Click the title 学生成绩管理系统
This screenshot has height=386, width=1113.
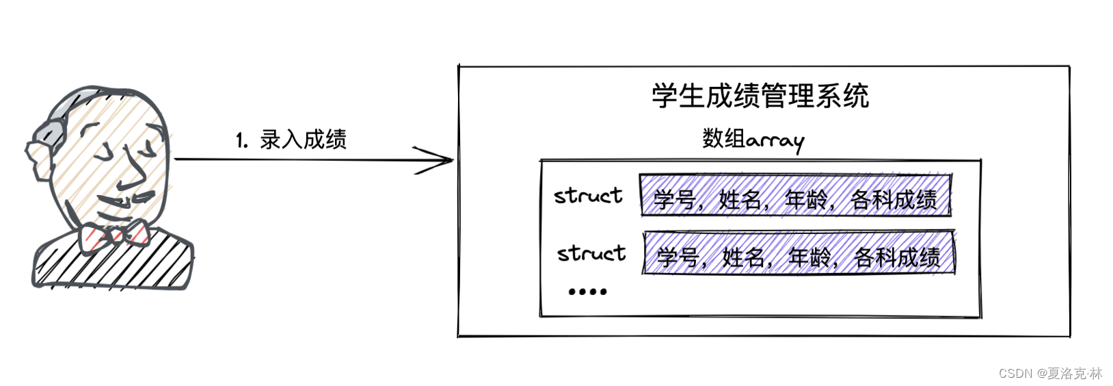pyautogui.click(x=760, y=96)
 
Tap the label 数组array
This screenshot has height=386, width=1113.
pyautogui.click(x=753, y=139)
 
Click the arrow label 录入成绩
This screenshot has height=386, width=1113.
pyautogui.click(x=303, y=140)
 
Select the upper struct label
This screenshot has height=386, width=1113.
pyautogui.click(x=588, y=196)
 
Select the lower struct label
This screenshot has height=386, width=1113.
pyautogui.click(x=591, y=253)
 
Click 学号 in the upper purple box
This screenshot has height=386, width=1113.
pyautogui.click(x=673, y=199)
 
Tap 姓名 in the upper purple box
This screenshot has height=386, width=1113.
pyautogui.click(x=740, y=199)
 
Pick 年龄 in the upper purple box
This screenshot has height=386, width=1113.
pyautogui.click(x=805, y=199)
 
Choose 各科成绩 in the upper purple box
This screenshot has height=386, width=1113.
pyautogui.click(x=894, y=199)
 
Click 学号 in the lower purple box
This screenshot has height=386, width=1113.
pyautogui.click(x=677, y=257)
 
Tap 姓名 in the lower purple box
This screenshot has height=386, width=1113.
pyautogui.click(x=743, y=257)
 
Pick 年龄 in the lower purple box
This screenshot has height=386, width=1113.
pyautogui.click(x=809, y=257)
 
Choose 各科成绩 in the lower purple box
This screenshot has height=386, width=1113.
pyautogui.click(x=897, y=257)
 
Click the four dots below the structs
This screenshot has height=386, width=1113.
pyautogui.click(x=587, y=292)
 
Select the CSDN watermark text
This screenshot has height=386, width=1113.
pyautogui.click(x=1050, y=373)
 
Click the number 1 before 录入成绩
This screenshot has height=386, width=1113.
pyautogui.click(x=240, y=141)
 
